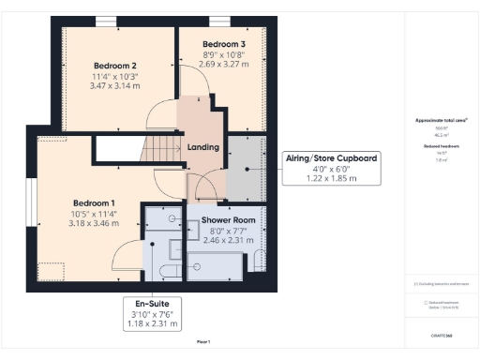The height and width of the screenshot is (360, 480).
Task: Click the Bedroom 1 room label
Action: (94, 203)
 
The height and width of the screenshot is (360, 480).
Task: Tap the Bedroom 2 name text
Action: (115, 65)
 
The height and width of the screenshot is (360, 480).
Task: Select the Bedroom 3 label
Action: (224, 44)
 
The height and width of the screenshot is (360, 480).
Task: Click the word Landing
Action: (203, 147)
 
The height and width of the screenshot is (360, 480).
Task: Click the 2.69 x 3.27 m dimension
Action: (224, 65)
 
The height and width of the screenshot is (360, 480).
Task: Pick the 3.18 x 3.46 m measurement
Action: (94, 225)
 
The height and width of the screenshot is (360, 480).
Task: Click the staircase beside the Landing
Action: (162, 148)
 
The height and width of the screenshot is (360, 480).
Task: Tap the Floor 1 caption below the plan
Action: (203, 341)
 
